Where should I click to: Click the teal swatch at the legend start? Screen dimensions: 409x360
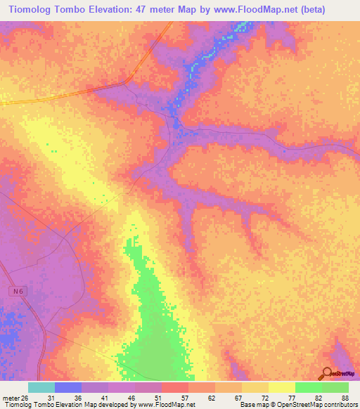coord(41,387)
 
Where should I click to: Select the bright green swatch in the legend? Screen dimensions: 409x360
coord(309,387)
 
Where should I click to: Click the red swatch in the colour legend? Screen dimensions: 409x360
coord(175,387)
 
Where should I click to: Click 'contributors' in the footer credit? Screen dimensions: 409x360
coord(341,405)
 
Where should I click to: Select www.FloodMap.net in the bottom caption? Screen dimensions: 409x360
coord(165,405)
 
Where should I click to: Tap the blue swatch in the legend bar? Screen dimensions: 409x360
coord(68,387)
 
